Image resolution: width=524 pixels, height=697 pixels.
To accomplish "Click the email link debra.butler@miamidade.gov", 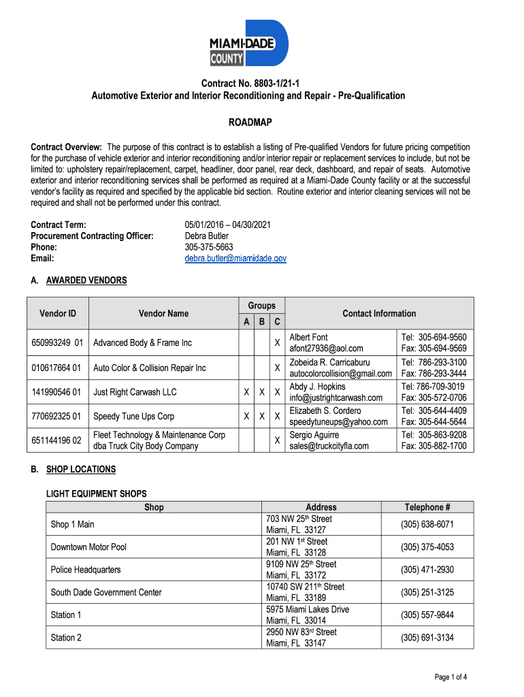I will click(235, 259).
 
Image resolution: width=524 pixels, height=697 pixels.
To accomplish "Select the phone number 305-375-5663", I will click(209, 247).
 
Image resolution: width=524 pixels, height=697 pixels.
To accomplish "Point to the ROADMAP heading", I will click(249, 123).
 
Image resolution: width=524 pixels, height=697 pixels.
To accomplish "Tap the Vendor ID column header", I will click(58, 313).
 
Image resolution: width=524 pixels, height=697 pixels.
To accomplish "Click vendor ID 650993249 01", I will click(57, 342).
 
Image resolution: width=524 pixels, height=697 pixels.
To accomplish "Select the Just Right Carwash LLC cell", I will click(135, 392).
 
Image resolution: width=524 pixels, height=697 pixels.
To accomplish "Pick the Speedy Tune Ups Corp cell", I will click(133, 416).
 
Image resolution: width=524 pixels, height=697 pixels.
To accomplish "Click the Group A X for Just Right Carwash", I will click(246, 392).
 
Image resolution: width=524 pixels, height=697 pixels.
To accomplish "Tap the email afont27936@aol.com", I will click(326, 348).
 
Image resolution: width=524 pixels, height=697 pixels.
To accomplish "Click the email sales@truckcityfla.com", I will click(329, 446).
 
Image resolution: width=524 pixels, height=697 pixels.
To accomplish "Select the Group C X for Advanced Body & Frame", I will click(278, 342).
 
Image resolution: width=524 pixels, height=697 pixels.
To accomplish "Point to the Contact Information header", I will click(379, 313).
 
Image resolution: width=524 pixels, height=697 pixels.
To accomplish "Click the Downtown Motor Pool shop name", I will click(88, 547).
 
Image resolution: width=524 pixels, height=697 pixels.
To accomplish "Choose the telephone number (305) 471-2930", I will click(427, 570).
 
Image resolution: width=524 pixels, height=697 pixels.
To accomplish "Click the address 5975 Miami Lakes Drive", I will click(308, 609).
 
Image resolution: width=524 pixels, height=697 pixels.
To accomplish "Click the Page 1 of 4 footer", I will click(450, 677).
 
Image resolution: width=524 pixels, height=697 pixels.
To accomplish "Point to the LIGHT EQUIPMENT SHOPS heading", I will click(96, 493).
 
